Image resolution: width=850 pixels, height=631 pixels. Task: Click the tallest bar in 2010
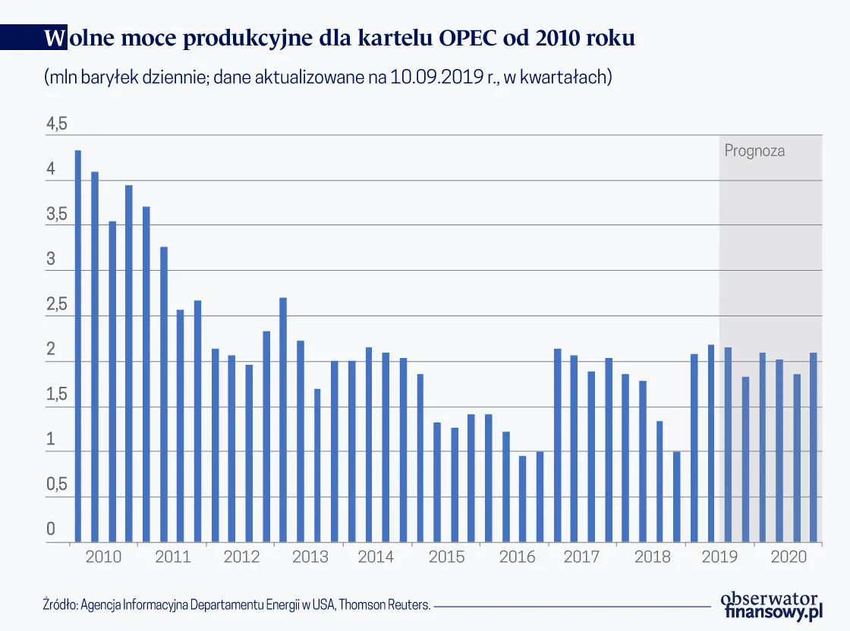pyautogui.click(x=78, y=346)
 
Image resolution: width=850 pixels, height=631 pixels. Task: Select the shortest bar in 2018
pyautogui.click(x=676, y=497)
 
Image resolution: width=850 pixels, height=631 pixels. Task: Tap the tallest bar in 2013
pyautogui.click(x=283, y=419)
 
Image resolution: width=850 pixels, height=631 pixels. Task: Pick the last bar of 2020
pyautogui.click(x=814, y=447)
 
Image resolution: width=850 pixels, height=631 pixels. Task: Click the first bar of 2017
pyautogui.click(x=557, y=445)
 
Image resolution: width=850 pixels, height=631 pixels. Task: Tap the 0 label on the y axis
pyautogui.click(x=51, y=529)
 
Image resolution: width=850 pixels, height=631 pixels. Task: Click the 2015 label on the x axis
pyautogui.click(x=447, y=557)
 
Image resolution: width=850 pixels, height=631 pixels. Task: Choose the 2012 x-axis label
pyautogui.click(x=241, y=557)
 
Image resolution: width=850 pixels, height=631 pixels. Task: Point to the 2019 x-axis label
pyautogui.click(x=719, y=557)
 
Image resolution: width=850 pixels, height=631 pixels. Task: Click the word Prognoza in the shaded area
pyautogui.click(x=754, y=150)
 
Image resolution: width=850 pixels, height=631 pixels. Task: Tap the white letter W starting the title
pyautogui.click(x=55, y=38)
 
